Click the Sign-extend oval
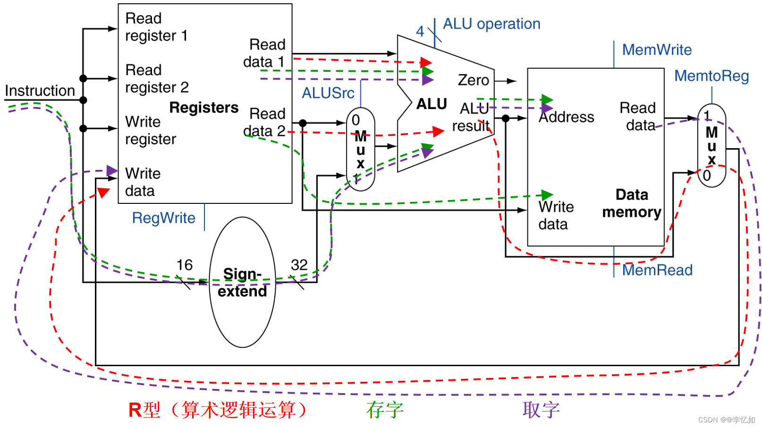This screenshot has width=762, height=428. click(x=242, y=282)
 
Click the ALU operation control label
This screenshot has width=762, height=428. click(x=491, y=24)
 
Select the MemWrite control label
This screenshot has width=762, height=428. click(x=657, y=50)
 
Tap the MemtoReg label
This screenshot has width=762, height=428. click(x=711, y=76)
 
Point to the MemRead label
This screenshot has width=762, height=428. click(x=657, y=270)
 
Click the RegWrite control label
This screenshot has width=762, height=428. click(x=163, y=218)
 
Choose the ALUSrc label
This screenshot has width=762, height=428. click(x=328, y=93)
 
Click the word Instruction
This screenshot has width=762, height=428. click(x=40, y=91)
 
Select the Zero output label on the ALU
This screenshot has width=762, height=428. click(x=473, y=80)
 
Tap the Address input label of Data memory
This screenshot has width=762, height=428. click(x=567, y=117)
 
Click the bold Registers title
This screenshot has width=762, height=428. click(x=204, y=108)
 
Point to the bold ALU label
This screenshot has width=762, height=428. click(x=432, y=104)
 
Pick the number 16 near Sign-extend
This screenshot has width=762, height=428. click(x=184, y=265)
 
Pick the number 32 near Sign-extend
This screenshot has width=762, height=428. click(x=299, y=265)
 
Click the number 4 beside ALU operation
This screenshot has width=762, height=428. click(x=420, y=32)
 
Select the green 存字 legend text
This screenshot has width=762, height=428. click(x=385, y=410)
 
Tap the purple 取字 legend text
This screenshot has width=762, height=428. click(x=541, y=410)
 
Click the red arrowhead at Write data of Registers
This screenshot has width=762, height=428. click(x=103, y=192)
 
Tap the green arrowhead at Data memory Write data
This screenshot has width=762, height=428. click(x=547, y=194)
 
